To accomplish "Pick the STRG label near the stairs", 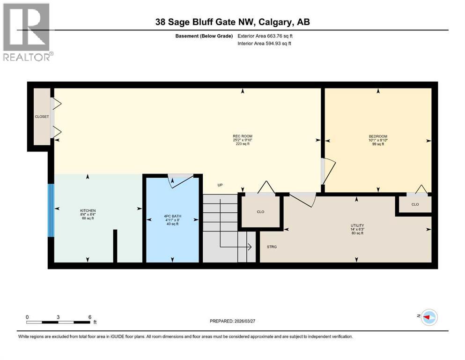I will [x=272, y=247].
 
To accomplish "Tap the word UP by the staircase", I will [x=220, y=185].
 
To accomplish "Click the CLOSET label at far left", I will [x=42, y=117].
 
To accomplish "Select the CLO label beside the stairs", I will [x=260, y=212].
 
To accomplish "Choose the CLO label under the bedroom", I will [x=414, y=204].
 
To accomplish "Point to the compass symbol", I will [x=428, y=317].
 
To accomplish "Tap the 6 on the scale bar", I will [x=89, y=317].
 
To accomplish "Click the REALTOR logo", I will [x=27, y=32].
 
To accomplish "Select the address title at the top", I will [x=232, y=22].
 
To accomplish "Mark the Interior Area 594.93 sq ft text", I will [x=265, y=44].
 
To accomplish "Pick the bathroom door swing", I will [x=180, y=181].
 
